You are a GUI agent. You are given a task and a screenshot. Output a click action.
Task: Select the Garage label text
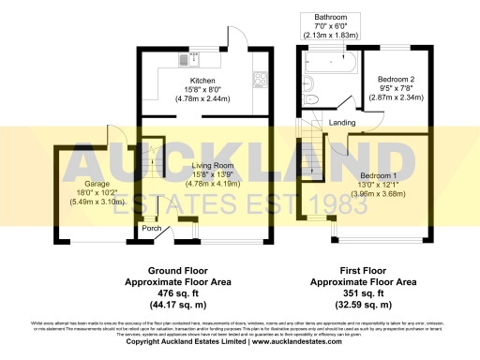tap(83, 185)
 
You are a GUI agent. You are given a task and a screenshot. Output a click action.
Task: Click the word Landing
tap(341, 122)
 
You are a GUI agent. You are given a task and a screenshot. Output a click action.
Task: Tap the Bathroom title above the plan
tap(330, 17)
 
